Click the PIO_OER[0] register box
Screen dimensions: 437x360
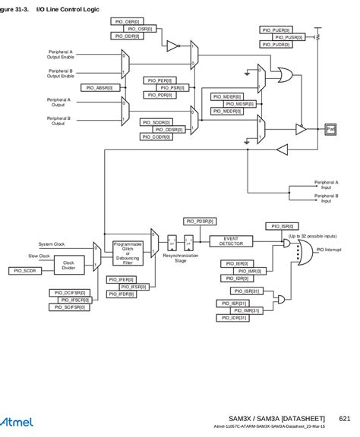(x=128, y=21)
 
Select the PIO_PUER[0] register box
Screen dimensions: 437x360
(x=277, y=30)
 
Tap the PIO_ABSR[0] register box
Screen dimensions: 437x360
(x=99, y=87)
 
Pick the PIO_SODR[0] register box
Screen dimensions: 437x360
(x=155, y=122)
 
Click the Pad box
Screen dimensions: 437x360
(x=330, y=129)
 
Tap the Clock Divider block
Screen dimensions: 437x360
(x=68, y=265)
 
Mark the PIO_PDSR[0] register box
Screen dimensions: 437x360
(x=201, y=221)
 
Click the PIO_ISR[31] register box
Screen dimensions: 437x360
(x=247, y=291)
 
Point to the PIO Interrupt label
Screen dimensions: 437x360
(x=330, y=249)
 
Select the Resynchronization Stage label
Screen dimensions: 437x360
(x=180, y=259)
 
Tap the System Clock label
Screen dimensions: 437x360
(x=52, y=244)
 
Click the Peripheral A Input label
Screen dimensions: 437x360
(x=327, y=184)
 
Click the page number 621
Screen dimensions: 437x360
(x=344, y=418)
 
